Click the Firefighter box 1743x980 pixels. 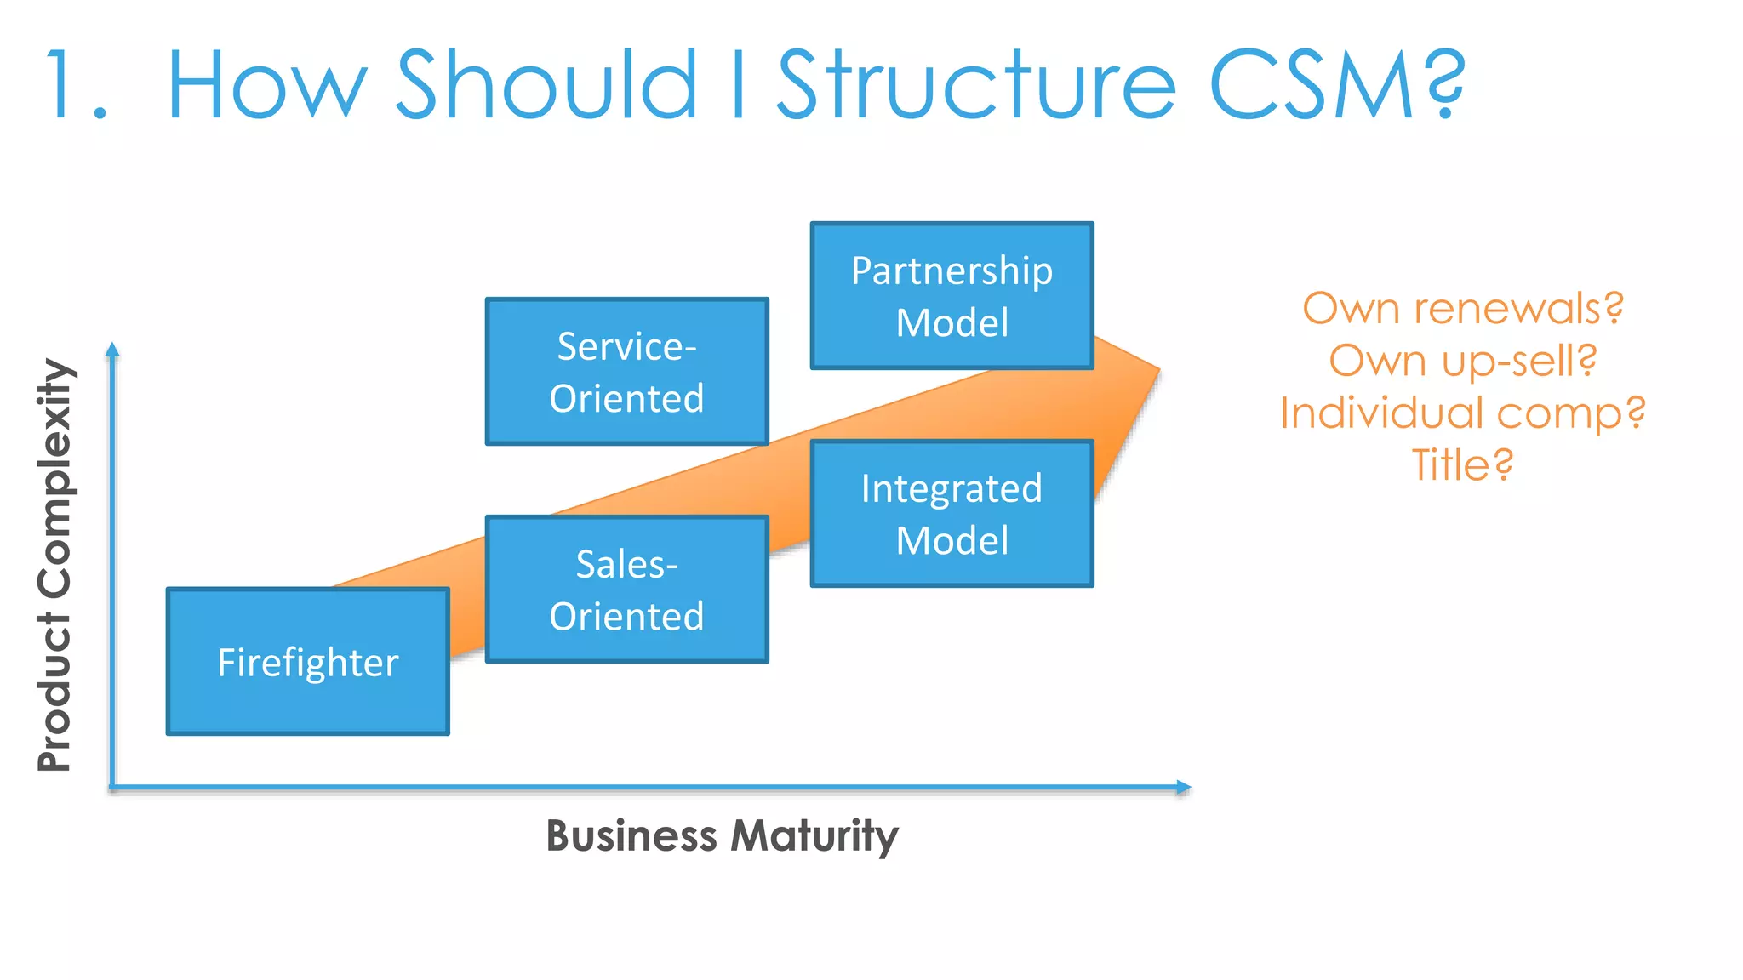tap(307, 661)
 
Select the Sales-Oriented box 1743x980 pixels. tap(626, 589)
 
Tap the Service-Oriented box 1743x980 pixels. tap(626, 371)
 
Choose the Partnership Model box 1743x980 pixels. tap(952, 295)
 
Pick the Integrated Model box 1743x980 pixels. tap(952, 513)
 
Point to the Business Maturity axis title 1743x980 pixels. tap(722, 835)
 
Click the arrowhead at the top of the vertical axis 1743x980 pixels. tap(112, 350)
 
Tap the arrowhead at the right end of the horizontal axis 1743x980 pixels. tap(1183, 787)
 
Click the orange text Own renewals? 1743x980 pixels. tap(1462, 308)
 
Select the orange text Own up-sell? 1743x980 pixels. tap(1462, 361)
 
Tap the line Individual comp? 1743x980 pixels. tap(1462, 413)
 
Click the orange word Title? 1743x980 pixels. tap(1462, 465)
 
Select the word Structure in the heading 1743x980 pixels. tap(977, 85)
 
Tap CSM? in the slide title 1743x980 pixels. tap(1336, 85)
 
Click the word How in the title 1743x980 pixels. tap(267, 85)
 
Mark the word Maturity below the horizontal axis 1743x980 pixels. tap(814, 835)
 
